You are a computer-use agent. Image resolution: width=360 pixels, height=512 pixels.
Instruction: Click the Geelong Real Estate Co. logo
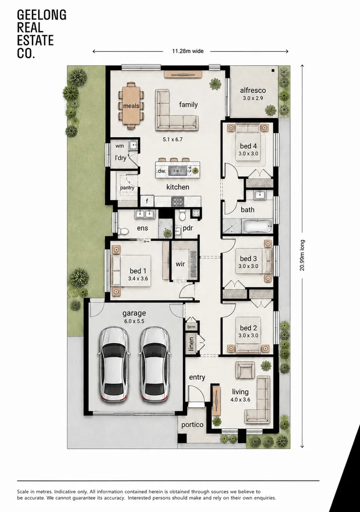[41, 34]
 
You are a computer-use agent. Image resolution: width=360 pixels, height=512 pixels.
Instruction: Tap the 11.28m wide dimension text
[188, 51]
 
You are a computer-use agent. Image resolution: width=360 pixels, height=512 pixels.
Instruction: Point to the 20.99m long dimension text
[302, 256]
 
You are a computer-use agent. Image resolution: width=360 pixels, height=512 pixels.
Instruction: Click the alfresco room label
[253, 91]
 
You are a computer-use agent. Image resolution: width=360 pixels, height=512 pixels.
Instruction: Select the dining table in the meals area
[131, 106]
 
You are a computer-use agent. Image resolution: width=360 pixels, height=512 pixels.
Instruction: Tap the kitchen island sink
[178, 170]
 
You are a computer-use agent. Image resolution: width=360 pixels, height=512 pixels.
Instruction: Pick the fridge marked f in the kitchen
[147, 201]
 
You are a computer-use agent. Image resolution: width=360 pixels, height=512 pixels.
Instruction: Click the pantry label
[127, 188]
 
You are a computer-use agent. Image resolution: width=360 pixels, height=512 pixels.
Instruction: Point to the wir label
[180, 264]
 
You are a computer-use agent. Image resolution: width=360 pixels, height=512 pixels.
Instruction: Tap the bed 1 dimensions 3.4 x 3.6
[138, 278]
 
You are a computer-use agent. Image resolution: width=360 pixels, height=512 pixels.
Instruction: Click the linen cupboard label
[191, 344]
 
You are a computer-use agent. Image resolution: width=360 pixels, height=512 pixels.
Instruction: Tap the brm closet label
[191, 327]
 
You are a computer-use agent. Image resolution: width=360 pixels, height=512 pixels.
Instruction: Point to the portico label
[192, 424]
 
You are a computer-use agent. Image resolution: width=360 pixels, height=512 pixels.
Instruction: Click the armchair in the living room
[245, 370]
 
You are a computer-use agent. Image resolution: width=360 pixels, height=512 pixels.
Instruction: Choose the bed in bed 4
[251, 143]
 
